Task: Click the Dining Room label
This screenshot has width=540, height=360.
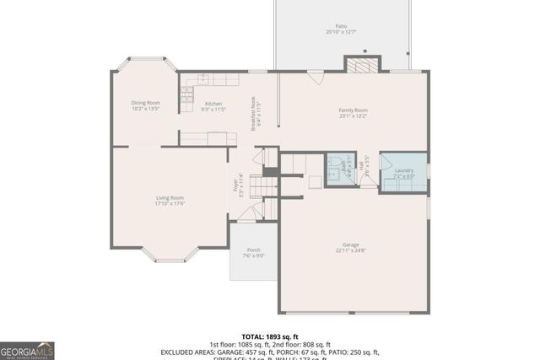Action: point(145,104)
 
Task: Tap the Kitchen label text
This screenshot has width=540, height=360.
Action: point(213,104)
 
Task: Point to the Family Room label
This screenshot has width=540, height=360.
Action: point(353,110)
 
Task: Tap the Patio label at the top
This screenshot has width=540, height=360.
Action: point(341,26)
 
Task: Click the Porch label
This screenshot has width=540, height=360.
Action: point(253,250)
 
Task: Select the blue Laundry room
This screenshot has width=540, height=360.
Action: point(402,174)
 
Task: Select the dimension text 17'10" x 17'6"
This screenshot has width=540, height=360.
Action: point(170,203)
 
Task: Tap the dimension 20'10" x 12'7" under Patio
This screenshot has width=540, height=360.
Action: point(341,32)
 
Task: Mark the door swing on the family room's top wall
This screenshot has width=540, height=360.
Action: point(315,78)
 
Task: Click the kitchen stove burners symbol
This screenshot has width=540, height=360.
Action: point(202,78)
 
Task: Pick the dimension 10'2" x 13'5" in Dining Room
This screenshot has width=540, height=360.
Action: point(145,110)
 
